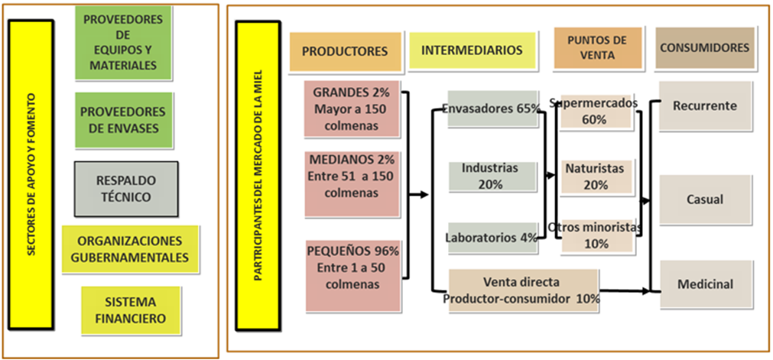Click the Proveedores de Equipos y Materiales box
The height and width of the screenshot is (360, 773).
pos(123,43)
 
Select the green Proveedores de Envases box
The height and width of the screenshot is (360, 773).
pos(123,119)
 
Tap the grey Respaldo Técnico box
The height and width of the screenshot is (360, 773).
pos(125,188)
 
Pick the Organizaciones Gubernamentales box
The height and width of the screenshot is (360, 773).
pos(129,248)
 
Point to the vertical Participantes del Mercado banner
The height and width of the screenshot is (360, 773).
pos(258,181)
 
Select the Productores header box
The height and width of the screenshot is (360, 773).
pos(345,52)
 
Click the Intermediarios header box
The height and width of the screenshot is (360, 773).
pos(472,51)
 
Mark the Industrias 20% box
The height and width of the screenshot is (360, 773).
pos(490,176)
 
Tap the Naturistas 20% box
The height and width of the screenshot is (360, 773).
pos(596,176)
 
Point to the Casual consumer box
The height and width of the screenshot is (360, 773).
pos(704,199)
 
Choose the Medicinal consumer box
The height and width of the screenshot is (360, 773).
pos(704,284)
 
